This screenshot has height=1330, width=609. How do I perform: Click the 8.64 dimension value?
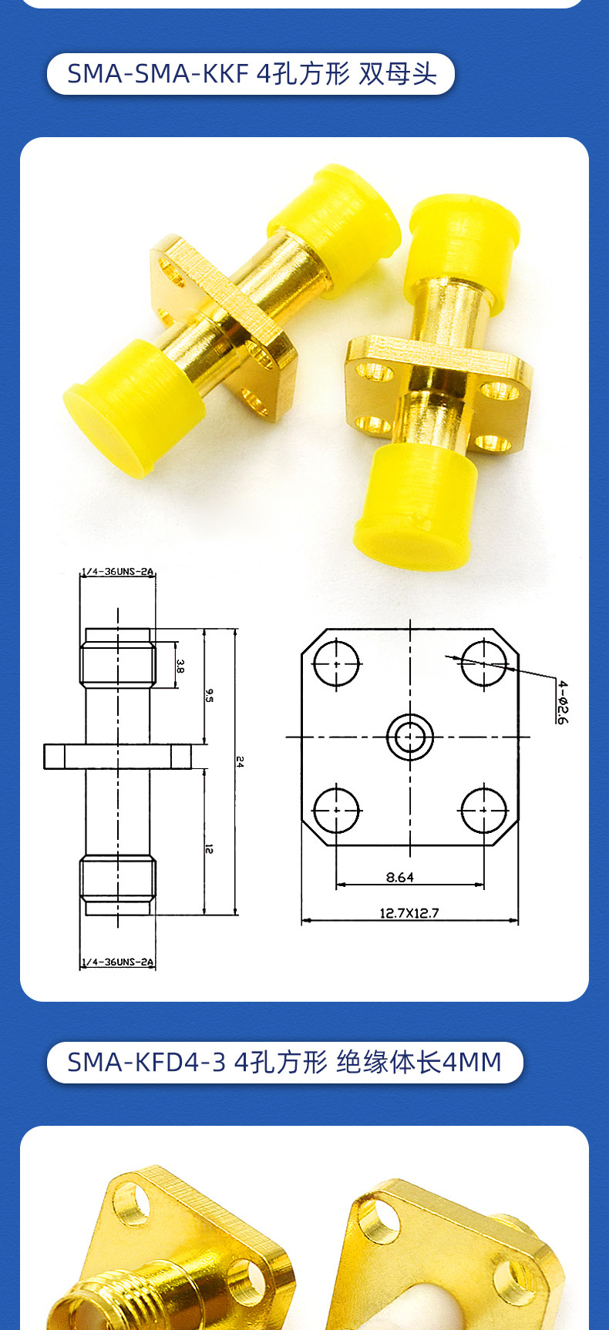tap(399, 877)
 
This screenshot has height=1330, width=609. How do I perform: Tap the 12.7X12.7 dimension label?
tap(409, 913)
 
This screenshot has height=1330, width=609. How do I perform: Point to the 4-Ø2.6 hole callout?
tap(563, 702)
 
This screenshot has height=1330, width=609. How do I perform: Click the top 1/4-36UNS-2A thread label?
tap(118, 572)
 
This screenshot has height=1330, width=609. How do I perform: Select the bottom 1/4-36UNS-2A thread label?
tap(118, 962)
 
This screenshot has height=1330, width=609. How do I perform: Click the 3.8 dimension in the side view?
tap(180, 665)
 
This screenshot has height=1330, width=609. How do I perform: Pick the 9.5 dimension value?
tap(209, 695)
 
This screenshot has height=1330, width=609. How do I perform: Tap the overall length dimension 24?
tap(240, 761)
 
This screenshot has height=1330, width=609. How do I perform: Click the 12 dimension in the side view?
tap(209, 848)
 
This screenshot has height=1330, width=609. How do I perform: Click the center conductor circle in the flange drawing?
tap(410, 737)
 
